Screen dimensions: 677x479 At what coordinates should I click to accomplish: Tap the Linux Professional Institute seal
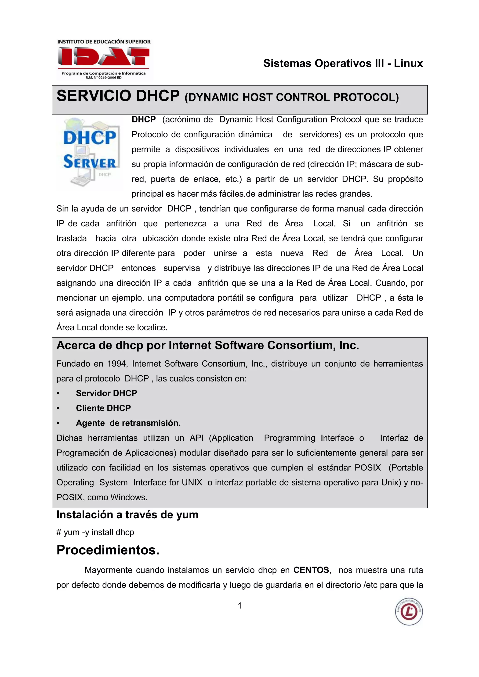click(x=409, y=612)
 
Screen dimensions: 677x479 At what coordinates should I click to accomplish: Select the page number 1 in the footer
click(x=240, y=606)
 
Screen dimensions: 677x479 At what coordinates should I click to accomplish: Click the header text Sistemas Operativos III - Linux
click(x=343, y=63)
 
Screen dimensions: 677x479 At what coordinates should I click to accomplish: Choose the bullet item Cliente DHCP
click(x=103, y=408)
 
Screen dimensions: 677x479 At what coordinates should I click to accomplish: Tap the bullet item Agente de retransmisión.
click(x=128, y=423)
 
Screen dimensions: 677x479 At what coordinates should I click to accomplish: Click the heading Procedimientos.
click(x=108, y=550)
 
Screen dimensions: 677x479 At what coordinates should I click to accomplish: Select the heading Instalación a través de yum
click(x=127, y=515)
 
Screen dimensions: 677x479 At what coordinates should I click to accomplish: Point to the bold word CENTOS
click(x=311, y=570)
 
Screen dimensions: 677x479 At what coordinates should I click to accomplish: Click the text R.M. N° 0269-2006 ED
click(x=103, y=78)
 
